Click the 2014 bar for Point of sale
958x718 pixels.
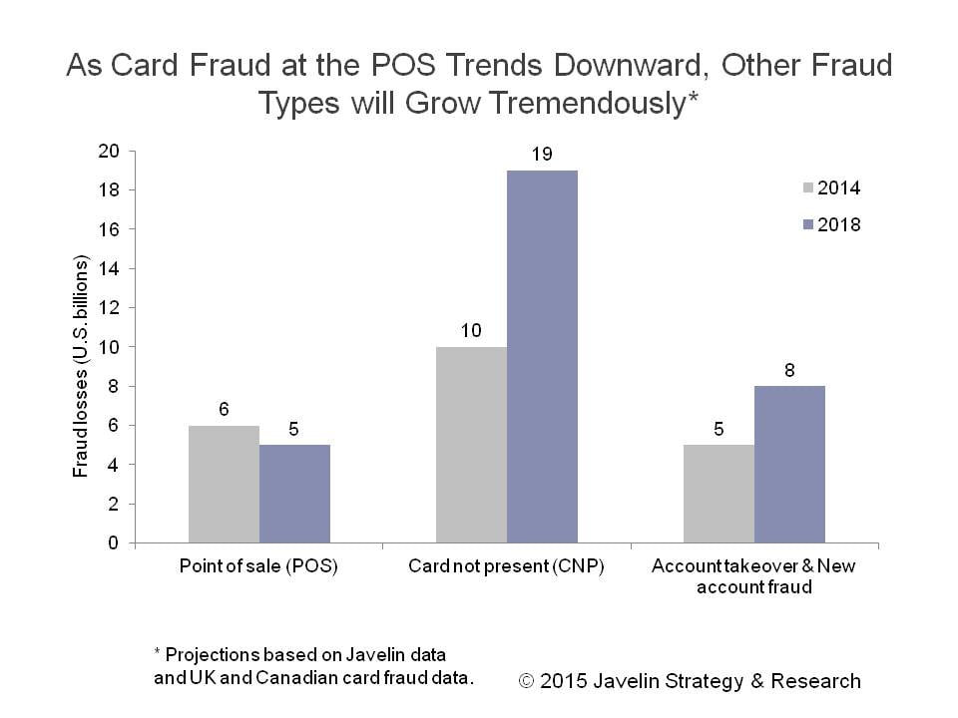(224, 485)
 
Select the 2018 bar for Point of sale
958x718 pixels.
(294, 494)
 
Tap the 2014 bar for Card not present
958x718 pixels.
(471, 445)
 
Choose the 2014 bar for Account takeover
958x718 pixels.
(718, 494)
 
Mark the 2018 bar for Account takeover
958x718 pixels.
(789, 465)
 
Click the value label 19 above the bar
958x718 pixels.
(542, 155)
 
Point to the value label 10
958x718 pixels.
(471, 331)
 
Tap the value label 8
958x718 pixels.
(789, 370)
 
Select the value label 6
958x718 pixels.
(224, 410)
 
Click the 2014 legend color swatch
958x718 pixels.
(807, 187)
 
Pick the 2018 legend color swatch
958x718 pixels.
(807, 225)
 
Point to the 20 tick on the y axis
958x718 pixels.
(108, 151)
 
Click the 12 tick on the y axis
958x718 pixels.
(108, 308)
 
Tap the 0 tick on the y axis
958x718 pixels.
(113, 543)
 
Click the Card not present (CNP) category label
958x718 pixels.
(506, 566)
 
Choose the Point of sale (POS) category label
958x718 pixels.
(258, 566)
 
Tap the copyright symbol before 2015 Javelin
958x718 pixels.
(528, 682)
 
